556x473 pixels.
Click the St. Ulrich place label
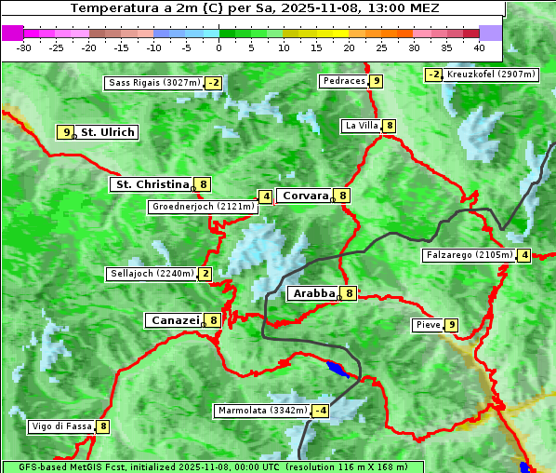coord(107,132)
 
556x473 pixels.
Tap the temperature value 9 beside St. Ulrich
coord(65,132)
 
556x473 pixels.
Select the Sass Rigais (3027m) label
coord(153,83)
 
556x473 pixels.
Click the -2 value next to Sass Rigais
coord(214,83)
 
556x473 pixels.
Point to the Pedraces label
coord(344,81)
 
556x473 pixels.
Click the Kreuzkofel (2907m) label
coord(490,74)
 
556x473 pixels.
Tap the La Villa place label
coord(361,126)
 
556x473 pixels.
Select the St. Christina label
coord(151,184)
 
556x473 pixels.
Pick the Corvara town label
coord(305,196)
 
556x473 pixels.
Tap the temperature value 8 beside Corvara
coord(343,196)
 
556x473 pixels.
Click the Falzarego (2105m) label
coord(469,255)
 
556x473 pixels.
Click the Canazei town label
coord(174,320)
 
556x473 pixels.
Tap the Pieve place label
coord(428,325)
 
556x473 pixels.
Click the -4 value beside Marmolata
coord(321,411)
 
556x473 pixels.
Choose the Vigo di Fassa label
coord(62,426)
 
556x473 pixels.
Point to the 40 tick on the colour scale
coord(479,47)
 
